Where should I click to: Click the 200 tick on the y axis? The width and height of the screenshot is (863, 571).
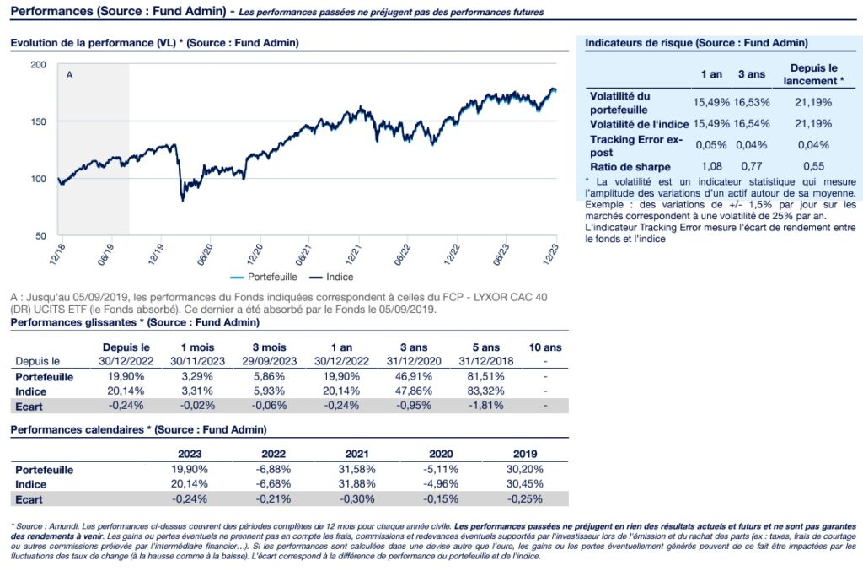[x=39, y=64]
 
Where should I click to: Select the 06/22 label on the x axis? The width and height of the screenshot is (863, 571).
[x=405, y=255]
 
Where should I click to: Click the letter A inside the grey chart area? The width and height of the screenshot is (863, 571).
[x=70, y=76]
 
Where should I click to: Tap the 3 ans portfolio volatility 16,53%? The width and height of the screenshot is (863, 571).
[x=751, y=102]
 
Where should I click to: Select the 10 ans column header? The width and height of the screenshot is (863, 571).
[x=544, y=347]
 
